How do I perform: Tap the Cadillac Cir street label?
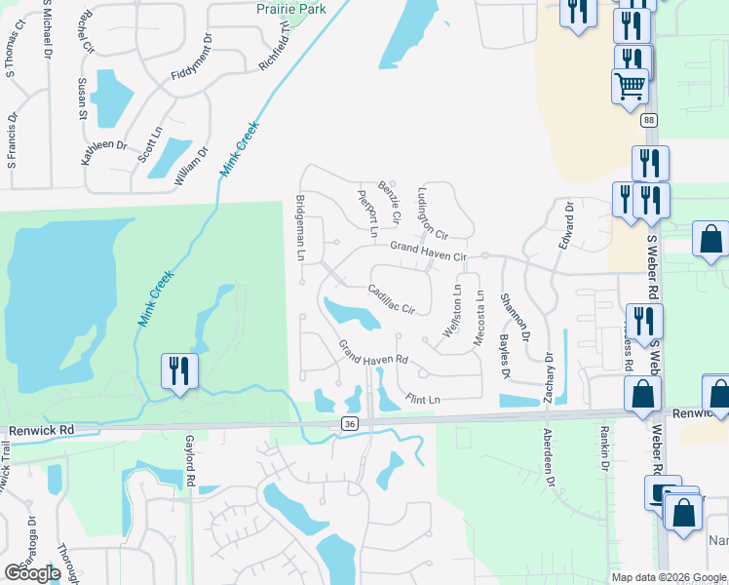click(x=392, y=299)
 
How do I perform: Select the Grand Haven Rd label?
click(x=372, y=355)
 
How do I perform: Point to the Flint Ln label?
click(x=423, y=399)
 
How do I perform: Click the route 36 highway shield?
click(x=350, y=423)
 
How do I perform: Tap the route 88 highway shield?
click(x=649, y=120)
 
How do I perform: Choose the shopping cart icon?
click(x=630, y=86)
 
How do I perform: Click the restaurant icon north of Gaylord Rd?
click(x=180, y=371)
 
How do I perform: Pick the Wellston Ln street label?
click(x=451, y=311)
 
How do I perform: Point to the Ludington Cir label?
click(x=432, y=214)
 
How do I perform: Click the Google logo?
click(x=32, y=573)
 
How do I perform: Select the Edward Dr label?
click(x=565, y=225)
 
